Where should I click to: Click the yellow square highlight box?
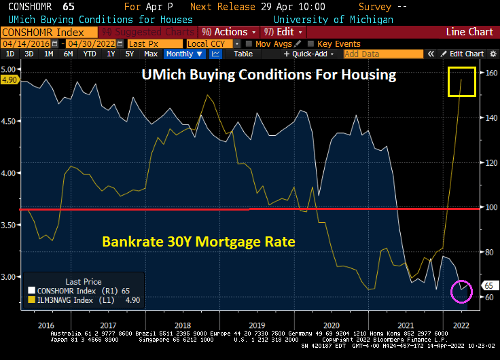point(461,81)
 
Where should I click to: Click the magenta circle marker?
point(462,290)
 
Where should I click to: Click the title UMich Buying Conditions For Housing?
point(268,75)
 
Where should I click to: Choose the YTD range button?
point(89,54)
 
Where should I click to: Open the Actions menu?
point(230,32)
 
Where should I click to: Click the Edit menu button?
point(283,32)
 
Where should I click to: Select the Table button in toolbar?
point(243,54)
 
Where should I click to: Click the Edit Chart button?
point(465,54)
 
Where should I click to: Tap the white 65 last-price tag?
point(488,285)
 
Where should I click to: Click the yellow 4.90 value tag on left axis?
point(10,79)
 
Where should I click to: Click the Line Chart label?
point(469,32)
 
